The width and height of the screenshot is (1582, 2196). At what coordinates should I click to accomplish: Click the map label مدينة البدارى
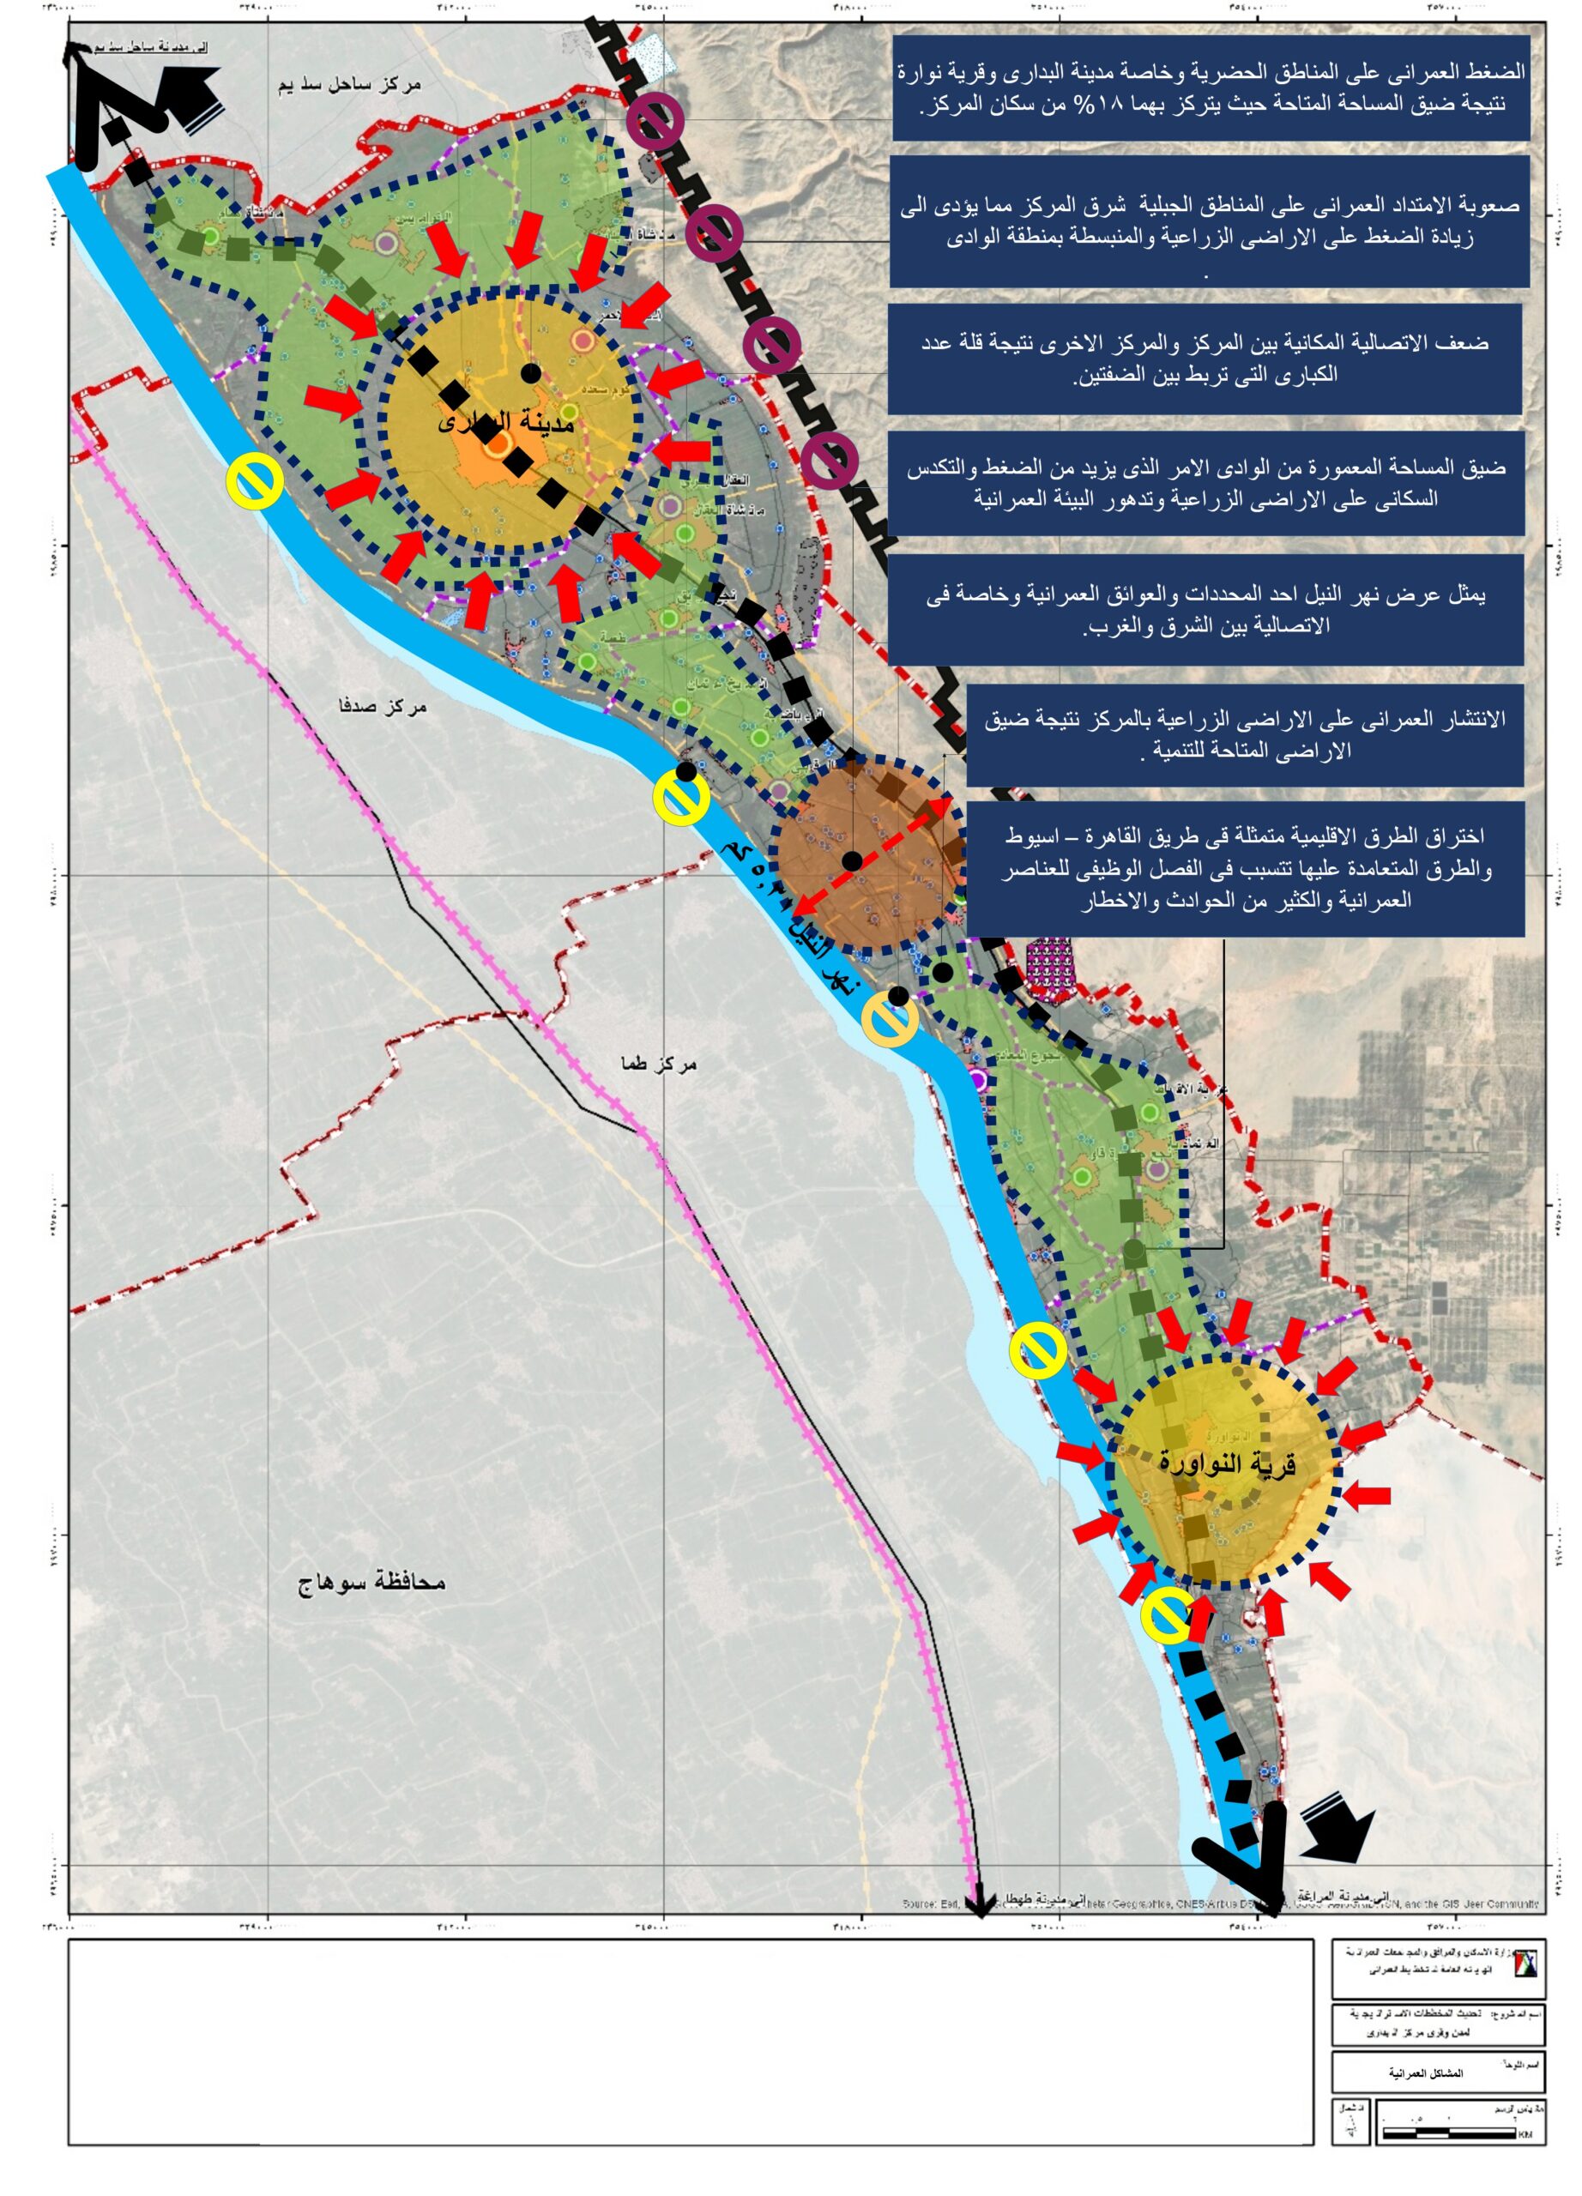pos(505,422)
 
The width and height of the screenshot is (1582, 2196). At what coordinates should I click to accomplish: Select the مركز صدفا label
pos(383,706)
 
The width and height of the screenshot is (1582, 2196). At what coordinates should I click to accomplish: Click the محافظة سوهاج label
pos(371,1582)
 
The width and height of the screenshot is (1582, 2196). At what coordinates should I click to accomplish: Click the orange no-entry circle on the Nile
pos(890,1020)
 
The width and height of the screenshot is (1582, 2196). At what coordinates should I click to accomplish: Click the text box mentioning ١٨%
pos(1210,88)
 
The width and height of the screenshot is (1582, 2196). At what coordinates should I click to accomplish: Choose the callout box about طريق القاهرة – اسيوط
pos(1245,867)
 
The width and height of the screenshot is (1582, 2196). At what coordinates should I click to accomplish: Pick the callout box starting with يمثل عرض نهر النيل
pos(1205,609)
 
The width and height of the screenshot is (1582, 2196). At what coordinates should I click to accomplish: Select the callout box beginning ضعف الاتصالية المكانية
pos(1205,359)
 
